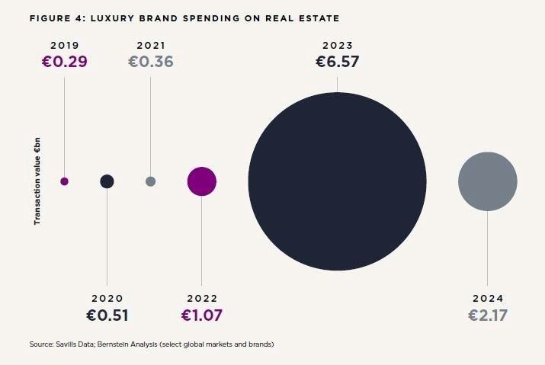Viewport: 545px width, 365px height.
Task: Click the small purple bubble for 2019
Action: [64, 181]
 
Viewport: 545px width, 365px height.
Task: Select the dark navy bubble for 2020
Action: [107, 181]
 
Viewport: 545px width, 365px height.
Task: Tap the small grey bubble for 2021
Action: [150, 181]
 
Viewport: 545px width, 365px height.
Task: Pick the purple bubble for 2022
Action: [201, 181]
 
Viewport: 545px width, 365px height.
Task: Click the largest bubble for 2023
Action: [337, 181]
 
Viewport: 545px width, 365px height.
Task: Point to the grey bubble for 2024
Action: [488, 181]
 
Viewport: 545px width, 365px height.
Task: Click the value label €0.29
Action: [64, 61]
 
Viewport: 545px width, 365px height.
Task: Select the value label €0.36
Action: [150, 61]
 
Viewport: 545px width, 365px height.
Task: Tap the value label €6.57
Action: [337, 61]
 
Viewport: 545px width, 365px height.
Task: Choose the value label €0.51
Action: [107, 315]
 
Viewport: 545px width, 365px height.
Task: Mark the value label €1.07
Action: [201, 315]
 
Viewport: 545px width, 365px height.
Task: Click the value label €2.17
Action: [488, 315]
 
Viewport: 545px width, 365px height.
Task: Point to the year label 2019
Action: [64, 45]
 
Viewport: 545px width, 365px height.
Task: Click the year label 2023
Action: [337, 45]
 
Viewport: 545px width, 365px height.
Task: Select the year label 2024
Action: [488, 299]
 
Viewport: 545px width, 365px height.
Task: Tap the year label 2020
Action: [107, 299]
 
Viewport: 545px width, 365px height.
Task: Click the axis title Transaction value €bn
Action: [37, 181]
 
